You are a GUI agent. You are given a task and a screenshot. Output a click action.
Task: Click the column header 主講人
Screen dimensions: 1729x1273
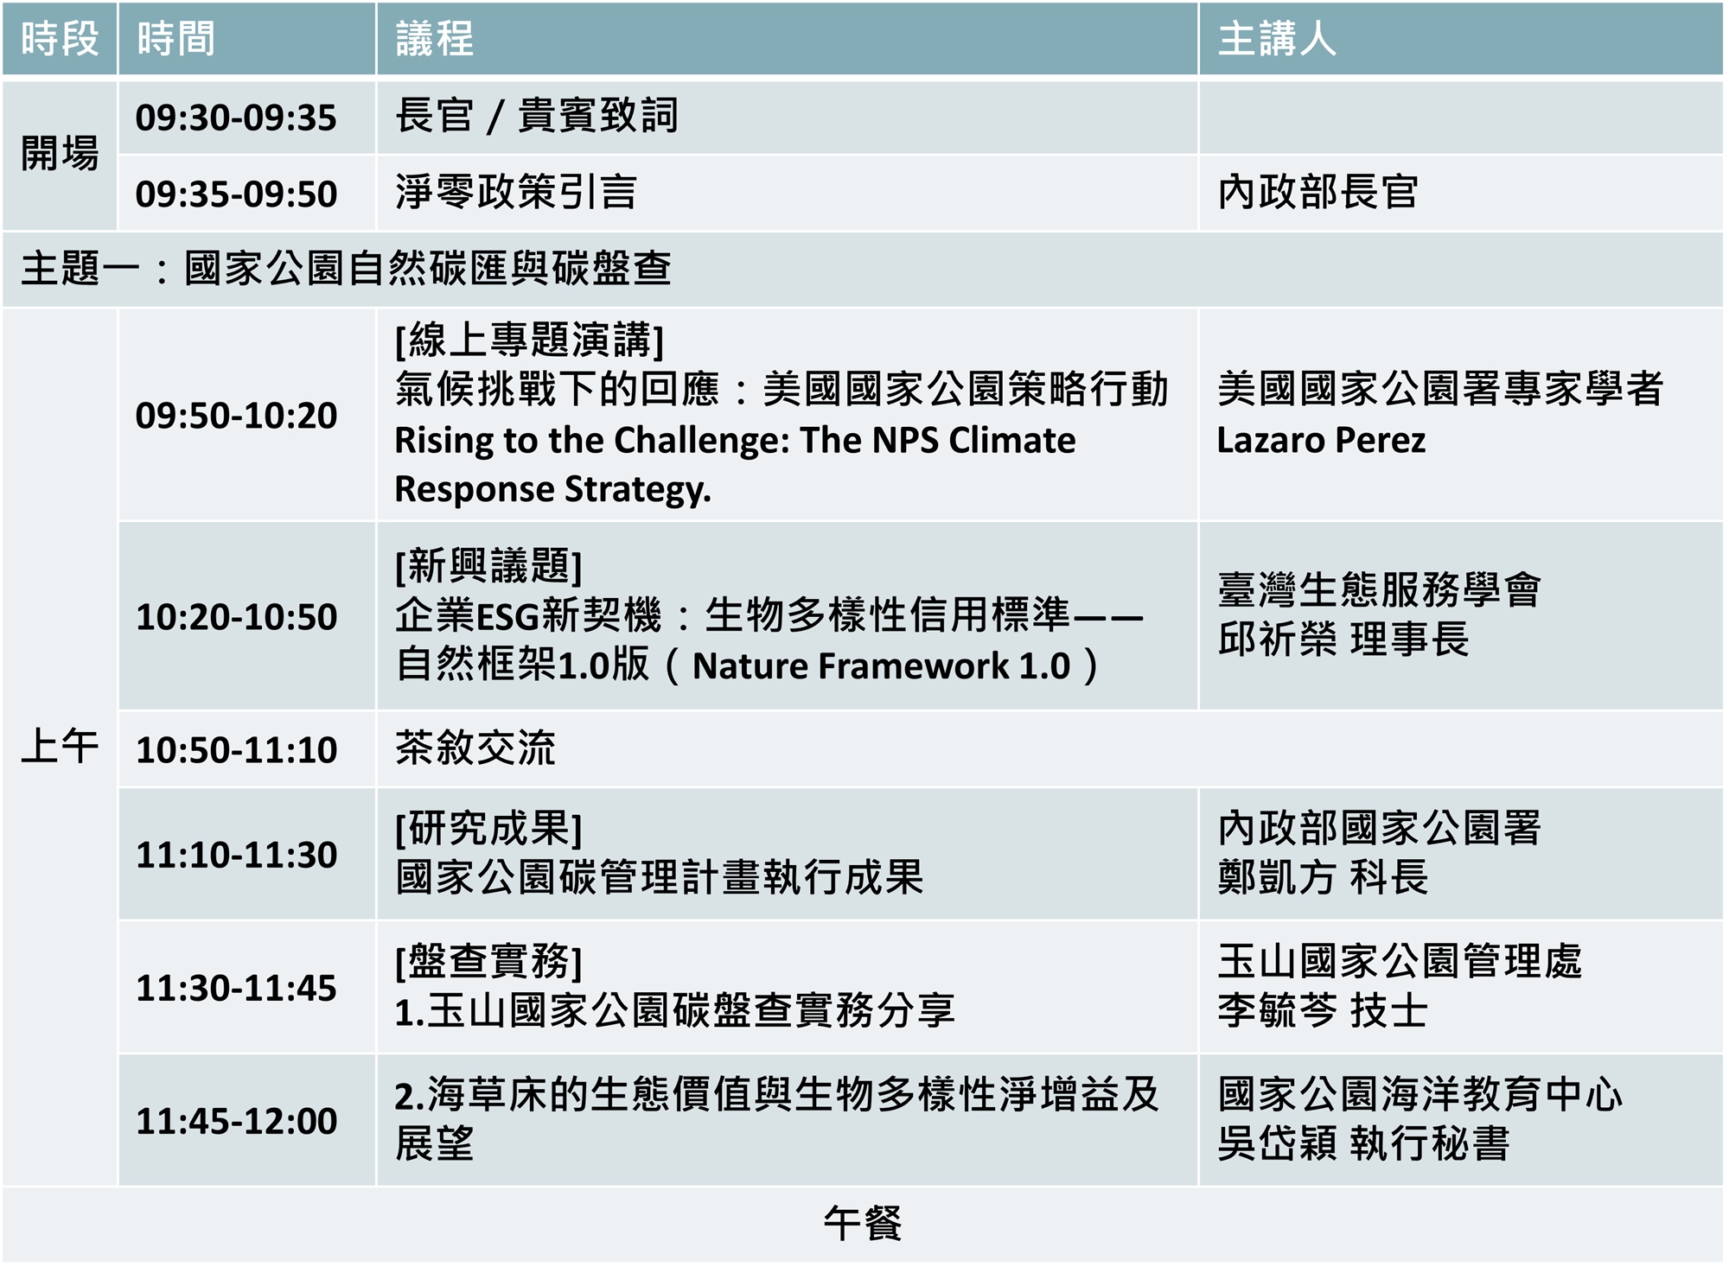(x=1276, y=39)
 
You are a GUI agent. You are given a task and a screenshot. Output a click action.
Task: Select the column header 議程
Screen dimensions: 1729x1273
(x=435, y=39)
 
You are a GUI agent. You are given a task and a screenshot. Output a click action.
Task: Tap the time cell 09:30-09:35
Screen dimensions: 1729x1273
(x=236, y=118)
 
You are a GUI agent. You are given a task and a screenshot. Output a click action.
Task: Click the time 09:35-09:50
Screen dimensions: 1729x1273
(x=236, y=194)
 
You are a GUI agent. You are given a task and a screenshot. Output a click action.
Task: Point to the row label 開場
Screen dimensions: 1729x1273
(x=60, y=154)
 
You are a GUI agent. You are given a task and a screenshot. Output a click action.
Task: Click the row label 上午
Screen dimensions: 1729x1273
(x=60, y=746)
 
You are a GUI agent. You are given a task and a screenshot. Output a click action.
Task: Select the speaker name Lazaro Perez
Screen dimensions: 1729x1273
(x=1321, y=441)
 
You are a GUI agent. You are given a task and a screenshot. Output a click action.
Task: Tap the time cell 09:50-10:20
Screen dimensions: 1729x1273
(x=236, y=416)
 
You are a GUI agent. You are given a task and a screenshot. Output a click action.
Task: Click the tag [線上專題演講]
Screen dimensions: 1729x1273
(x=530, y=341)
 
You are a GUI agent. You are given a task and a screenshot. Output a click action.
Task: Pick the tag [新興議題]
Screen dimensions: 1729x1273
(x=488, y=567)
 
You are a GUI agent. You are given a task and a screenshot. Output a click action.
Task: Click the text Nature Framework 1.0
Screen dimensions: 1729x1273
(x=882, y=666)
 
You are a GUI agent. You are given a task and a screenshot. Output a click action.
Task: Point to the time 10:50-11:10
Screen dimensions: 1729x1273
(x=236, y=749)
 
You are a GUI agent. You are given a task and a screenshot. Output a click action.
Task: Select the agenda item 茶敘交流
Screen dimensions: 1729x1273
(x=475, y=748)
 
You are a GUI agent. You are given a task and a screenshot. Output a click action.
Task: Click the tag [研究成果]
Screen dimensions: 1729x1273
(x=488, y=829)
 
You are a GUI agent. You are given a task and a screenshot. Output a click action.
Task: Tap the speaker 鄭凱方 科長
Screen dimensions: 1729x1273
(x=1323, y=878)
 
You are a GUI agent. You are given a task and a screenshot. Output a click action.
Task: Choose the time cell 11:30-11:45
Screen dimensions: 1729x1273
(x=236, y=988)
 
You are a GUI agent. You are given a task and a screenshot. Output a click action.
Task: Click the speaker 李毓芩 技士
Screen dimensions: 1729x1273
(x=1323, y=1011)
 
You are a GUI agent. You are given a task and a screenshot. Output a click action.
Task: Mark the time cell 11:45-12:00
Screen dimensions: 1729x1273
(x=236, y=1121)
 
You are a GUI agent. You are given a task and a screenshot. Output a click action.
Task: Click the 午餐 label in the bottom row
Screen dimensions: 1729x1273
(x=863, y=1224)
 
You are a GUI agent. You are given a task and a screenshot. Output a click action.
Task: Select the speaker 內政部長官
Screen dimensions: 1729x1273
(x=1318, y=192)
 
